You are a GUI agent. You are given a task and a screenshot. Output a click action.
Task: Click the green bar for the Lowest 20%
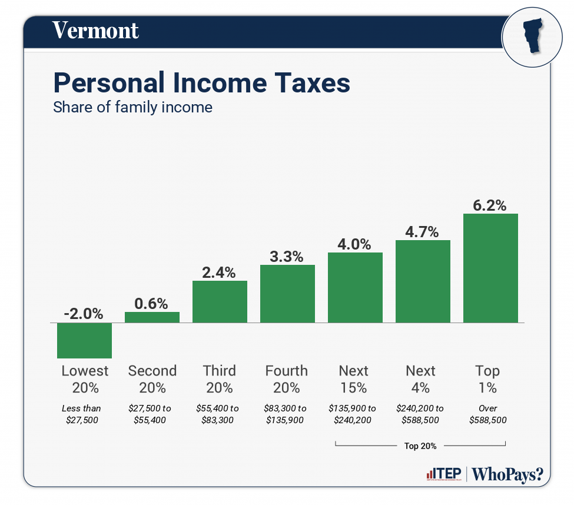pyautogui.click(x=84, y=340)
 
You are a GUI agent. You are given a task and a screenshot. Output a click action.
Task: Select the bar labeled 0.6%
pyautogui.click(x=152, y=317)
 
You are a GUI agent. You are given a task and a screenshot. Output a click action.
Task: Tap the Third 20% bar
pyautogui.click(x=220, y=301)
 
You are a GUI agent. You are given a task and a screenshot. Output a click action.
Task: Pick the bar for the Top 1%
pyautogui.click(x=490, y=268)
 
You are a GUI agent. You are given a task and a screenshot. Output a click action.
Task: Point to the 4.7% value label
pyautogui.click(x=422, y=232)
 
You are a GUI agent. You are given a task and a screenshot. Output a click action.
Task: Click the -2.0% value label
pyautogui.click(x=84, y=314)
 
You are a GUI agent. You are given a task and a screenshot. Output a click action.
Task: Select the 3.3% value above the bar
pyautogui.click(x=287, y=257)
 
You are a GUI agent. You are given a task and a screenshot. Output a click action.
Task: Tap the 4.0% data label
pyautogui.click(x=354, y=244)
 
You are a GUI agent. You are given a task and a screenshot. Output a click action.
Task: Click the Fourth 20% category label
pyautogui.click(x=287, y=379)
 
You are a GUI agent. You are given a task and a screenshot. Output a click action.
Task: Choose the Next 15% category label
pyautogui.click(x=354, y=379)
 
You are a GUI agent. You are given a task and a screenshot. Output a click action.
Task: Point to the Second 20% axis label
pyautogui.click(x=152, y=379)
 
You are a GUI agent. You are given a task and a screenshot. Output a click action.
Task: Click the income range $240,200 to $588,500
pyautogui.click(x=421, y=414)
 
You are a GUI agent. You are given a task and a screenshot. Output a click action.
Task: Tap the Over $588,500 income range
pyautogui.click(x=488, y=414)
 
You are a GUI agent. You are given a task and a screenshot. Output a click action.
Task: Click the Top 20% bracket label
pyautogui.click(x=420, y=446)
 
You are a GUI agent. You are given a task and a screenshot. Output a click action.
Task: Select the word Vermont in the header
pyautogui.click(x=95, y=30)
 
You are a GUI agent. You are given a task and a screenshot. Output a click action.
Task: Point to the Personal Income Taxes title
pyautogui.click(x=201, y=83)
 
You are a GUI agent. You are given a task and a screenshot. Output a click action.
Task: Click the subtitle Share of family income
pyautogui.click(x=132, y=108)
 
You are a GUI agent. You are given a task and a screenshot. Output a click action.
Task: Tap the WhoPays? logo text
pyautogui.click(x=507, y=474)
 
